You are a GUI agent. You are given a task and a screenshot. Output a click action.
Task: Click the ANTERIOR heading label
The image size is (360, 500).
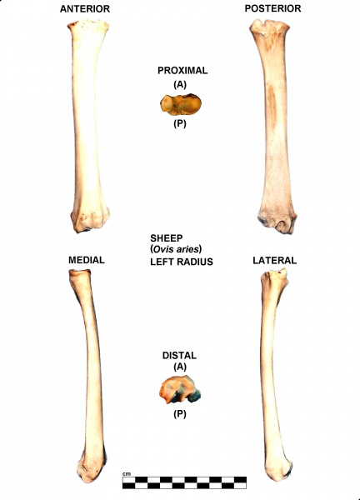click(x=85, y=8)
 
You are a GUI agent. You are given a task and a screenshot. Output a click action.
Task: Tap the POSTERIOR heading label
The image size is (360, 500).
click(x=273, y=8)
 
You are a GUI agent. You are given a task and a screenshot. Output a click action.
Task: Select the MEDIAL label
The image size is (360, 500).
click(x=87, y=260)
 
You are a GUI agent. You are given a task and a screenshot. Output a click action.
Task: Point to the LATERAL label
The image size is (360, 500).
click(x=274, y=260)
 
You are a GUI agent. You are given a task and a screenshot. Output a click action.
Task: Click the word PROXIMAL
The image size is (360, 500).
click(x=182, y=71)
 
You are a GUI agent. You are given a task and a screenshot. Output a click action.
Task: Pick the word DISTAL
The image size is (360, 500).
click(x=179, y=355)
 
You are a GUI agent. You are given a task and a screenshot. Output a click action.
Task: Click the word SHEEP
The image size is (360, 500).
click(x=167, y=238)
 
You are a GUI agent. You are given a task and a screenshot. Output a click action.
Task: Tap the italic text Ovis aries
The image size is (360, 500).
click(x=176, y=248)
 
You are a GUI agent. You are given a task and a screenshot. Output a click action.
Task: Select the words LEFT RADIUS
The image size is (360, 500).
click(x=182, y=262)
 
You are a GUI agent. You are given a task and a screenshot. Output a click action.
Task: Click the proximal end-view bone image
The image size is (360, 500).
click(x=181, y=104)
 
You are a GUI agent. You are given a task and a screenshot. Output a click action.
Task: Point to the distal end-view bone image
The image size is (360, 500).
click(x=180, y=389)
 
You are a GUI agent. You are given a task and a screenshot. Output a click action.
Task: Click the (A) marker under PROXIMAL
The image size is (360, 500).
click(x=180, y=84)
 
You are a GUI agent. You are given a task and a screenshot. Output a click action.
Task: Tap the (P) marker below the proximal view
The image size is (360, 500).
click(x=180, y=123)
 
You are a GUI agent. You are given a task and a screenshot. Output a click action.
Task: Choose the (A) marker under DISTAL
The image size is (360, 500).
click(x=180, y=367)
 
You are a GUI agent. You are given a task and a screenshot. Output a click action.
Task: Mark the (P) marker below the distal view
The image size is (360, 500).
click(x=180, y=414)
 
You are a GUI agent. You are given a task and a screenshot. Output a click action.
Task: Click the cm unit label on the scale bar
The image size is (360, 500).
click(x=127, y=474)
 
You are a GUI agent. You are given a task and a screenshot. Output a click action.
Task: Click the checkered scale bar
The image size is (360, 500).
click(x=185, y=482)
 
